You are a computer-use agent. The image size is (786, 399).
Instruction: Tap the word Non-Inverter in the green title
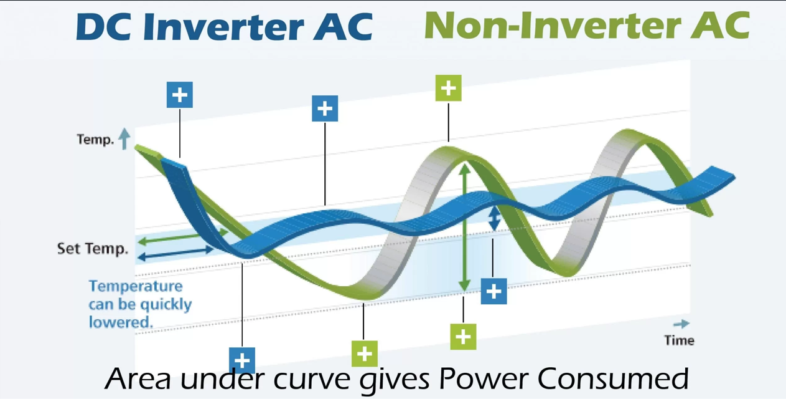pyautogui.click(x=552, y=26)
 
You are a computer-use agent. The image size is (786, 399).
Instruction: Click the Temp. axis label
pyautogui.click(x=95, y=140)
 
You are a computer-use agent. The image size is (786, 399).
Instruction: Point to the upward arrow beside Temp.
pyautogui.click(x=124, y=139)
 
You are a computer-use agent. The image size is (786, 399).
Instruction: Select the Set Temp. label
pyautogui.click(x=92, y=249)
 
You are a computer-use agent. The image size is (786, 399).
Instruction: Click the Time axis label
pyautogui.click(x=679, y=340)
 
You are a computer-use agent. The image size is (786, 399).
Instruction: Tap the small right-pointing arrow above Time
pyautogui.click(x=681, y=324)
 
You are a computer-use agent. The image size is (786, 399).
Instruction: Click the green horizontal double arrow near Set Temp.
pyautogui.click(x=183, y=236)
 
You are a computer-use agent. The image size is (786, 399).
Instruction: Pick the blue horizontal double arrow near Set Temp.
pyautogui.click(x=175, y=253)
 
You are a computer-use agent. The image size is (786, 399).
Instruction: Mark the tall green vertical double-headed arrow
pyautogui.click(x=465, y=228)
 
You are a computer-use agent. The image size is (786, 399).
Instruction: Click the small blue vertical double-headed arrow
pyautogui.click(x=494, y=218)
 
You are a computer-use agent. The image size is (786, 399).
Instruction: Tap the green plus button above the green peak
pyautogui.click(x=449, y=88)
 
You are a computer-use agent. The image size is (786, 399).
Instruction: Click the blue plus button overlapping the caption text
pyautogui.click(x=242, y=360)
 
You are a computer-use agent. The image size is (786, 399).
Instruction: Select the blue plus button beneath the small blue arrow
pyautogui.click(x=494, y=291)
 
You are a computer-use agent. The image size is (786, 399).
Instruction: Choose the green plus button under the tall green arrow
pyautogui.click(x=463, y=337)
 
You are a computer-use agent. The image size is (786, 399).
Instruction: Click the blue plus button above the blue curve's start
pyautogui.click(x=180, y=95)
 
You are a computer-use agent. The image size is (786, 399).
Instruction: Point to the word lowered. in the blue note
pyautogui.click(x=121, y=322)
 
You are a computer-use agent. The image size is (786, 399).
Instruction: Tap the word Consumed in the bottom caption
pyautogui.click(x=613, y=378)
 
